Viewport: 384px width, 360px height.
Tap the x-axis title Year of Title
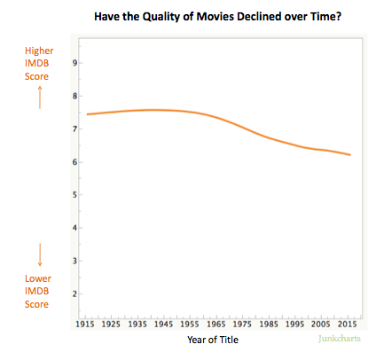tap(212, 339)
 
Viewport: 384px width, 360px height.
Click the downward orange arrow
tap(40, 255)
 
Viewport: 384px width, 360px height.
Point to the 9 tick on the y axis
tap(74, 63)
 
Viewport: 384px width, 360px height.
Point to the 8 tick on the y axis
tap(74, 96)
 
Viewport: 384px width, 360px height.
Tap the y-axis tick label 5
tap(74, 194)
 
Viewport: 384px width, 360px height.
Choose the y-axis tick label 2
tap(74, 293)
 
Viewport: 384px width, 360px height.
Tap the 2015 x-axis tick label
tap(348, 325)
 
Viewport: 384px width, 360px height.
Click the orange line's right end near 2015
tap(349, 155)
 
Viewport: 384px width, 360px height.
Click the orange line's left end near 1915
tap(88, 114)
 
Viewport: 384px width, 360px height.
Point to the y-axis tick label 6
tap(74, 161)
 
